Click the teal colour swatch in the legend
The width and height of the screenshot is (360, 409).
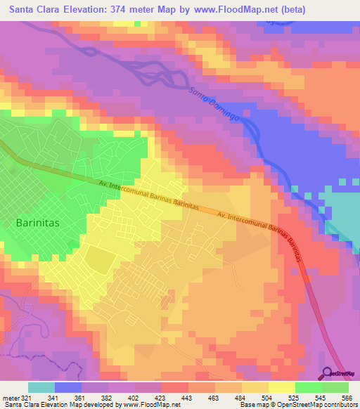41,387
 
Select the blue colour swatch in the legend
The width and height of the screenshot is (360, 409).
67,387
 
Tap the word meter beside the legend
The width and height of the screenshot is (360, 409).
10,397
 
